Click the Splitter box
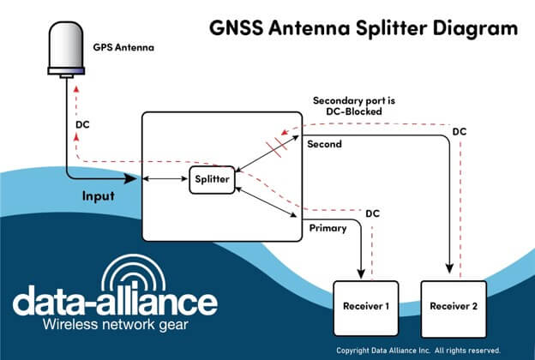click(x=211, y=179)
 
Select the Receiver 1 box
click(x=366, y=307)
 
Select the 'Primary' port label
click(x=327, y=228)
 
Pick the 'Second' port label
click(x=324, y=144)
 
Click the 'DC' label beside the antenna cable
click(x=83, y=124)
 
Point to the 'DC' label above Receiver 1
click(x=373, y=213)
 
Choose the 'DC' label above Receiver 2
click(x=460, y=131)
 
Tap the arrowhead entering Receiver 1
click(x=359, y=273)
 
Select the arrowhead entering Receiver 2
click(x=448, y=273)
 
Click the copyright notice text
click(x=430, y=351)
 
